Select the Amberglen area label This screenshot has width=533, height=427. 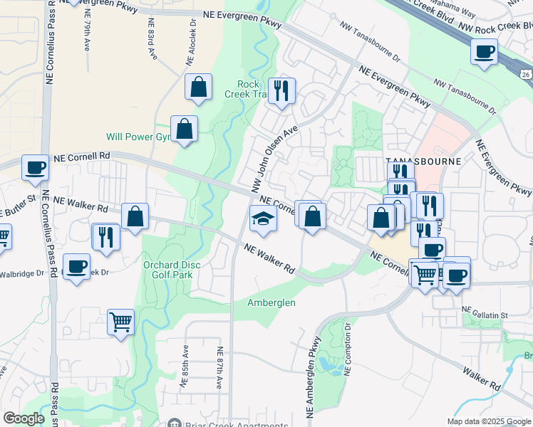click(x=271, y=302)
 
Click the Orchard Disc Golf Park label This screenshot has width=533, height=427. click(x=172, y=270)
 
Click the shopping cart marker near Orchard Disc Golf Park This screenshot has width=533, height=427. click(x=120, y=322)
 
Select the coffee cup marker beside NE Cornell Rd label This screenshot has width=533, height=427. click(x=36, y=169)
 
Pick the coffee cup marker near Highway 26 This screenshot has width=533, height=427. click(x=485, y=52)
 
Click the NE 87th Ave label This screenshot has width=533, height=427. click(x=221, y=368)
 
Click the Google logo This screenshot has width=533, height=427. click(x=24, y=418)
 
